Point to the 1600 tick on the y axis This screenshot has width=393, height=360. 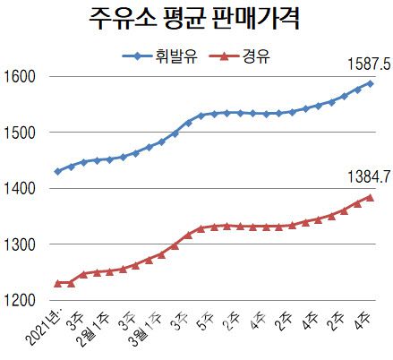point(20,76)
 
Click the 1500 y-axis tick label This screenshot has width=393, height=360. point(20,133)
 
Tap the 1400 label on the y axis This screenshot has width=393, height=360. point(20,189)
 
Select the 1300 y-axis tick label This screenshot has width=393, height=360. point(20,244)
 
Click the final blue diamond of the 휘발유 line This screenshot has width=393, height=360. point(370,83)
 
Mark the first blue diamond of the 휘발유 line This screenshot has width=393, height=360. point(58,171)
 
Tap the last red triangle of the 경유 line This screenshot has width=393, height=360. point(370,197)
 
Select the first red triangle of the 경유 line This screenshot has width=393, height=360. point(58,283)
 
